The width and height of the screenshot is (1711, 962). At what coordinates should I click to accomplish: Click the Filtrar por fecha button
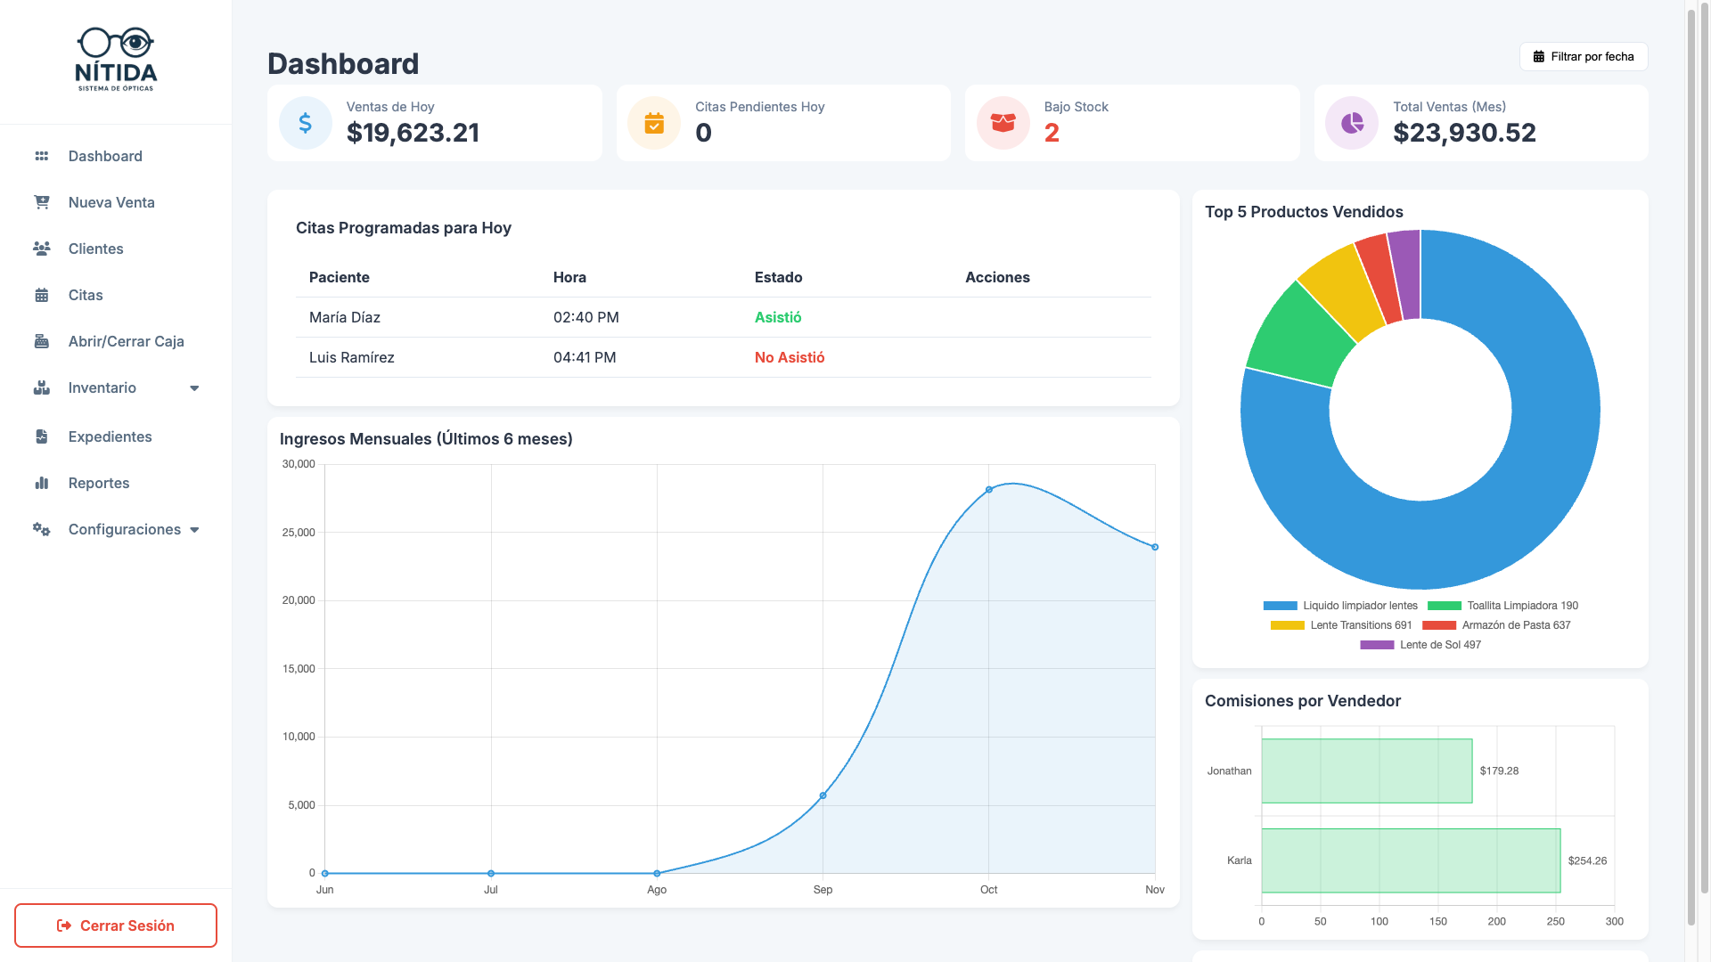pyautogui.click(x=1584, y=56)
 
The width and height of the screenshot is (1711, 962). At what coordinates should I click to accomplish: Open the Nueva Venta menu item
pyautogui.click(x=111, y=202)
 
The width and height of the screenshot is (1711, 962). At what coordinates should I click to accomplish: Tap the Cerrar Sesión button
pyautogui.click(x=116, y=925)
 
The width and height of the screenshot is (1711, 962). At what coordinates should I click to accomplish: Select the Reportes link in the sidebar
pyautogui.click(x=99, y=483)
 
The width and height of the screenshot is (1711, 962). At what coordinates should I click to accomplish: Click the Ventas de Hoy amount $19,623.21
pyautogui.click(x=413, y=133)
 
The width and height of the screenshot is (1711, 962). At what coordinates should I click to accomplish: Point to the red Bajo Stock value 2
pyautogui.click(x=1052, y=133)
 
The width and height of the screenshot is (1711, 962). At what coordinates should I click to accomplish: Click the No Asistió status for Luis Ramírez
pyautogui.click(x=790, y=357)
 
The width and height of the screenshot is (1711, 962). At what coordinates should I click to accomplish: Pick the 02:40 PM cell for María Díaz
pyautogui.click(x=585, y=317)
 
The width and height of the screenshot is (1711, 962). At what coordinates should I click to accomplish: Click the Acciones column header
pyautogui.click(x=997, y=277)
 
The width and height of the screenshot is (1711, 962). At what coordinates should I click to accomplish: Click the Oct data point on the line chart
pyautogui.click(x=989, y=490)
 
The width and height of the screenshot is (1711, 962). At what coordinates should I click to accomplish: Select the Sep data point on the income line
pyautogui.click(x=823, y=795)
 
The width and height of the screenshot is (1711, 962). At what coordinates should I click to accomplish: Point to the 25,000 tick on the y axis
pyautogui.click(x=299, y=533)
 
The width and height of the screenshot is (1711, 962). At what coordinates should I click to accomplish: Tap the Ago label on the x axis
pyautogui.click(x=657, y=890)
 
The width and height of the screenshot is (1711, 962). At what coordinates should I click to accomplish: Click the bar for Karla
pyautogui.click(x=1411, y=860)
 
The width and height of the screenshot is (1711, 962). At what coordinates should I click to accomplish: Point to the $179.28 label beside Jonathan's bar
pyautogui.click(x=1499, y=771)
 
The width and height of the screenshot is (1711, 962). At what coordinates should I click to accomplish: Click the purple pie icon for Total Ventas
pyautogui.click(x=1352, y=123)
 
